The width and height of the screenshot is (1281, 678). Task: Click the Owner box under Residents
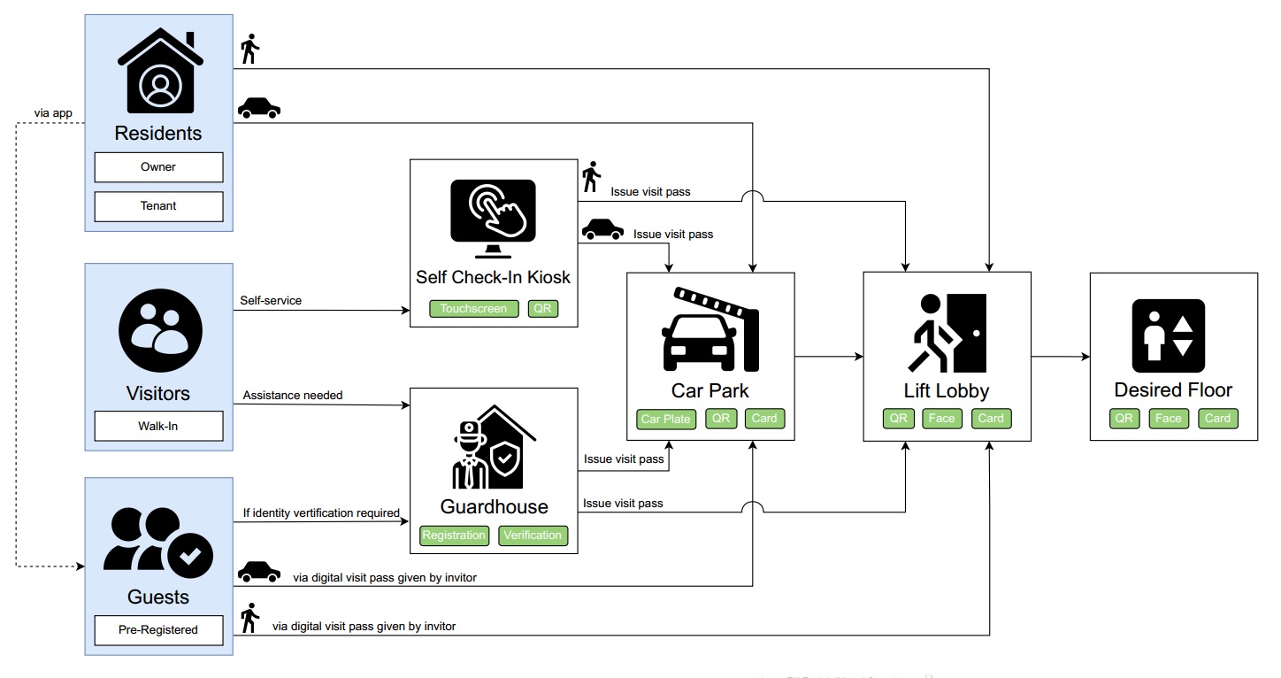coord(158,167)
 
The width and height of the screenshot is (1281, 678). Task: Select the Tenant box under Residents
coord(158,206)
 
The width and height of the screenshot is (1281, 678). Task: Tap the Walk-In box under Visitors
coord(158,426)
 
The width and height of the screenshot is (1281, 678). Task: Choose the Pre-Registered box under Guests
coord(158,630)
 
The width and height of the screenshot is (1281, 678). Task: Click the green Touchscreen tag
coord(474,309)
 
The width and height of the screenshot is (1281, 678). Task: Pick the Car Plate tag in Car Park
coord(665,419)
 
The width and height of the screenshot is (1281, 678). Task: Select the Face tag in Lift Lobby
coord(941,419)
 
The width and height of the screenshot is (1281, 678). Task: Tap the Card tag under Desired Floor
coord(1217,419)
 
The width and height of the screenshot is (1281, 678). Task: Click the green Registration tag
coord(454,535)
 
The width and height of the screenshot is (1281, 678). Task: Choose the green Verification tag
coord(533,535)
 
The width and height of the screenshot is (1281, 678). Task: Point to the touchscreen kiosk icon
coord(493,212)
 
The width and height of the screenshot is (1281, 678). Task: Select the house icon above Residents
coord(160,71)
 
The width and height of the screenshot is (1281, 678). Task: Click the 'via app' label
coord(53,113)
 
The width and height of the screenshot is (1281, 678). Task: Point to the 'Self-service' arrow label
coord(271,301)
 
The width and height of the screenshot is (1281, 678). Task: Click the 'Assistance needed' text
coord(293,395)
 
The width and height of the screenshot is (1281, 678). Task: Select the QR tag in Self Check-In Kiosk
coord(543,309)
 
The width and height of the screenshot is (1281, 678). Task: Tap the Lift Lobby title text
coord(946,390)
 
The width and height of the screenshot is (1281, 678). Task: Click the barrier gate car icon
coord(710,328)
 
